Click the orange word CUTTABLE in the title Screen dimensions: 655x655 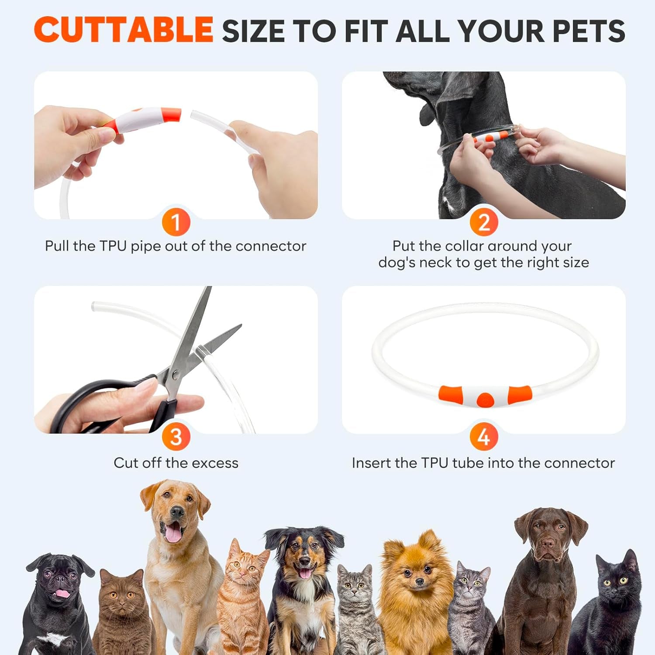click(123, 30)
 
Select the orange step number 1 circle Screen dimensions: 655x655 click(176, 222)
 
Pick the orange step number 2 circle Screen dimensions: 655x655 click(483, 222)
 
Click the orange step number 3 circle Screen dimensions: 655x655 click(176, 437)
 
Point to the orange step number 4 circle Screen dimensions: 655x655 click(483, 437)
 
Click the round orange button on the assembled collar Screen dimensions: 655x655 click(484, 399)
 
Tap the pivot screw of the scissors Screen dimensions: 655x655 click(175, 374)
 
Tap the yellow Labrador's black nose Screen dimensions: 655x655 click(177, 512)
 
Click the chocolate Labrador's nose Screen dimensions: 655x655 click(548, 544)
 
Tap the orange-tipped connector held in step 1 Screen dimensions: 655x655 click(144, 120)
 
